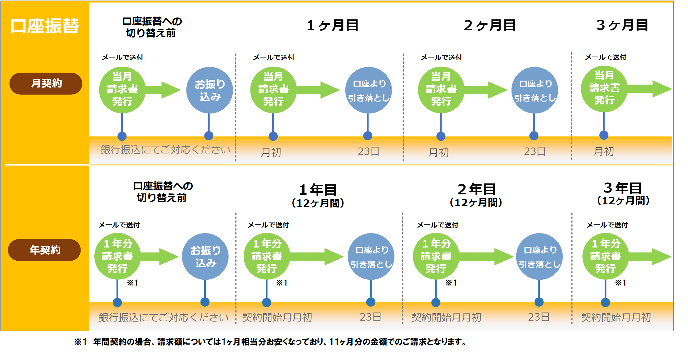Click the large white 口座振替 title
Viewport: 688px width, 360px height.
45,26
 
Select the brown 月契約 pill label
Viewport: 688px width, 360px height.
46,83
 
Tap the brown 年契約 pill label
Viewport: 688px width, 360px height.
44,250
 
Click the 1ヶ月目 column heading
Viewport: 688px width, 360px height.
332,25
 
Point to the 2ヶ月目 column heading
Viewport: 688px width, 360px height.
489,25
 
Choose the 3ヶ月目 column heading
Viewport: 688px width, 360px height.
622,25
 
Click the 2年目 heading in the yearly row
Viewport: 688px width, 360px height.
476,189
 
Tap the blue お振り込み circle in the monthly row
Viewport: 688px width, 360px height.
210,90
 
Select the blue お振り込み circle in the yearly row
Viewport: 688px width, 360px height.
205,256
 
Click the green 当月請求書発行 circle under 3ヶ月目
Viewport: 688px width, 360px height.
604,88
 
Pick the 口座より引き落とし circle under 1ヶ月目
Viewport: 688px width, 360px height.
369,90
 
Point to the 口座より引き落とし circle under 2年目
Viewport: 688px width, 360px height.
539,256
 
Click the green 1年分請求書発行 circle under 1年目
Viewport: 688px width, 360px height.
267,256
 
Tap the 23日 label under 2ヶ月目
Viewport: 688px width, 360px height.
534,152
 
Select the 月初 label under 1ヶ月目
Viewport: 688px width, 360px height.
271,152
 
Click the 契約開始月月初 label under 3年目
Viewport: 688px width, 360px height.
616,317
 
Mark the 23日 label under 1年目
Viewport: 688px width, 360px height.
370,317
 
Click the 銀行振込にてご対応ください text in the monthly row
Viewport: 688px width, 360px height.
165,150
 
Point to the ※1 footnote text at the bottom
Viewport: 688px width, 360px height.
270,342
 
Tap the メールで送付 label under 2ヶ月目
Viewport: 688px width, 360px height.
441,57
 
